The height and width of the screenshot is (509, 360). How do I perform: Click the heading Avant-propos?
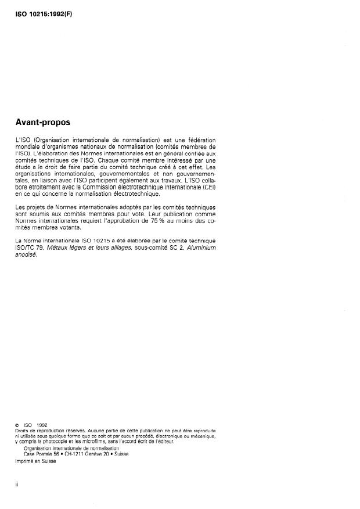[44, 123]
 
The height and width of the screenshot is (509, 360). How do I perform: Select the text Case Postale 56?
[40, 454]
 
